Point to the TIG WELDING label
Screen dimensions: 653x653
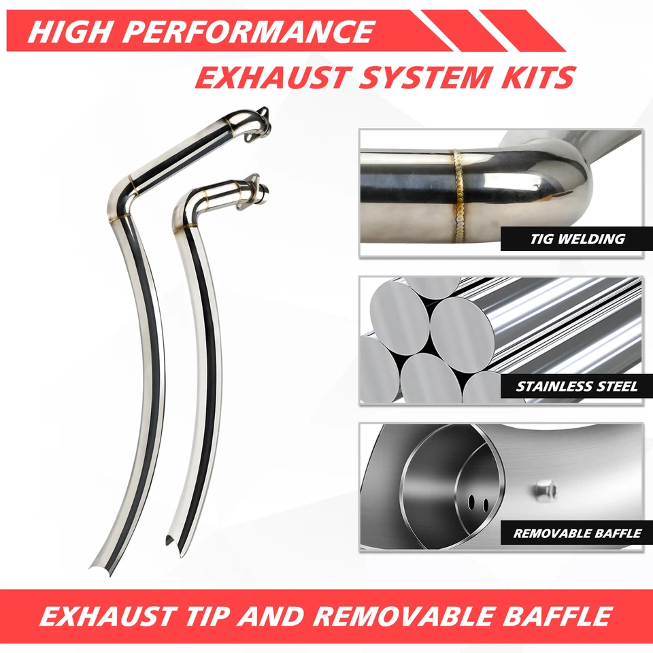[x=577, y=239]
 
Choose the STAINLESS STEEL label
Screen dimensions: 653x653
[x=577, y=387]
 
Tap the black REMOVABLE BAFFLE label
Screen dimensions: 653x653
[x=577, y=533]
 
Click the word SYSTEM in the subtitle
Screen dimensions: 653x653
[x=426, y=77]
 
